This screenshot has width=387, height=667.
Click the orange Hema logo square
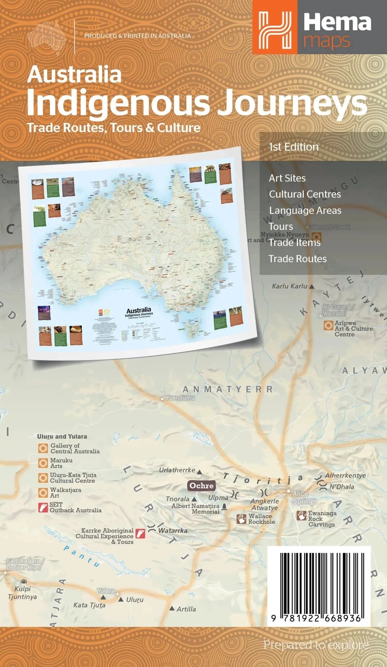275,27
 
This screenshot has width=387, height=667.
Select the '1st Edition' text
293,147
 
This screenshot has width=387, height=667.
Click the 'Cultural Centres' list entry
305,194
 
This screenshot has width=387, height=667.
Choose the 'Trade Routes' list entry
297,259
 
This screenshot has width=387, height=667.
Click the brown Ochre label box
201,486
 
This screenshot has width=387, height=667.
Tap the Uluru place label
135,600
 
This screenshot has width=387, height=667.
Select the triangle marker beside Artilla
172,608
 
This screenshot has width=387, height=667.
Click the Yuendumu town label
180,398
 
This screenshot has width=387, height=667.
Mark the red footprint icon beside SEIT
43,507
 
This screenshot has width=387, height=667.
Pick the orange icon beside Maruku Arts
43,463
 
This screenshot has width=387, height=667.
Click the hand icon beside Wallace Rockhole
241,519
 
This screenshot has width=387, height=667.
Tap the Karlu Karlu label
290,286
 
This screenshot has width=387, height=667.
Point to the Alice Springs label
305,498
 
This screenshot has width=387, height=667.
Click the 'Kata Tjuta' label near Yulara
89,605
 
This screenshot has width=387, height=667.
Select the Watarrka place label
173,531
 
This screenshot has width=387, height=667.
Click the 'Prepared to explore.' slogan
317,645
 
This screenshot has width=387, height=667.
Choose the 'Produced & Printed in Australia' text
137,36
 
